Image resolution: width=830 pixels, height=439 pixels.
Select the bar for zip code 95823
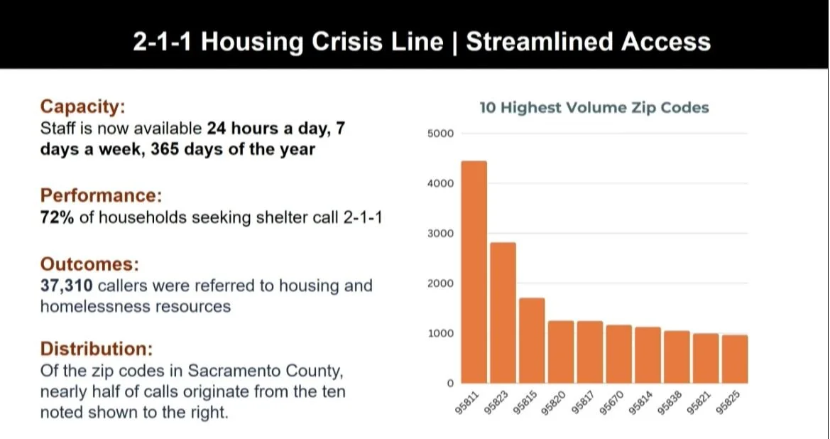[503, 313]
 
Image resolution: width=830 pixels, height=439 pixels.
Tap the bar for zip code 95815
[532, 340]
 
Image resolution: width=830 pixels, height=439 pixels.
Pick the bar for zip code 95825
[734, 359]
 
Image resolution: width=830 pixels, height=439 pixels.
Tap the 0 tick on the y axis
[449, 384]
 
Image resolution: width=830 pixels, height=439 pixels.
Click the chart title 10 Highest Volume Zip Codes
[594, 108]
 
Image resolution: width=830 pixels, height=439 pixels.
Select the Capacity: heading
[82, 107]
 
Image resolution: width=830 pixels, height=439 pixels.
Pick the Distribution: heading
[96, 349]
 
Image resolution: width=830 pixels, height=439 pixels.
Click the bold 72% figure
[58, 217]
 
